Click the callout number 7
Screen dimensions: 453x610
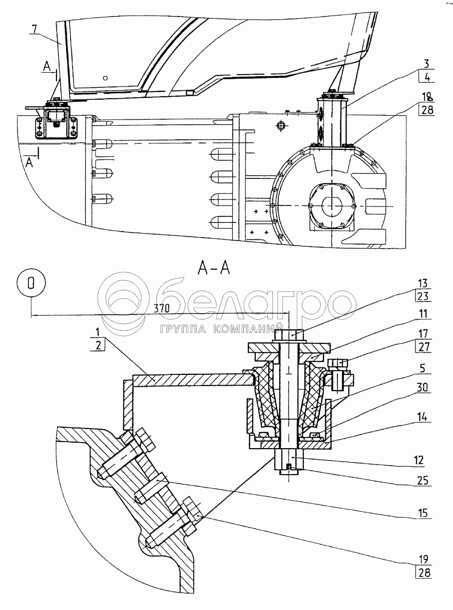(x=36, y=30)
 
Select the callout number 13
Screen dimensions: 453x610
(x=423, y=283)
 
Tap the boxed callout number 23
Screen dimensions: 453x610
(x=423, y=296)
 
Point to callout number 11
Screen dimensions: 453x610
(x=423, y=314)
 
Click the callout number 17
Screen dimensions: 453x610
(x=423, y=334)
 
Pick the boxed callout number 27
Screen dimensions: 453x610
(x=423, y=347)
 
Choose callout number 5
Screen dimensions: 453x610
(x=423, y=368)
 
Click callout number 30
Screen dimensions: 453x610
(x=423, y=388)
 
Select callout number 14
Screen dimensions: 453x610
(x=423, y=417)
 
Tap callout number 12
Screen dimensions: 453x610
(x=418, y=460)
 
